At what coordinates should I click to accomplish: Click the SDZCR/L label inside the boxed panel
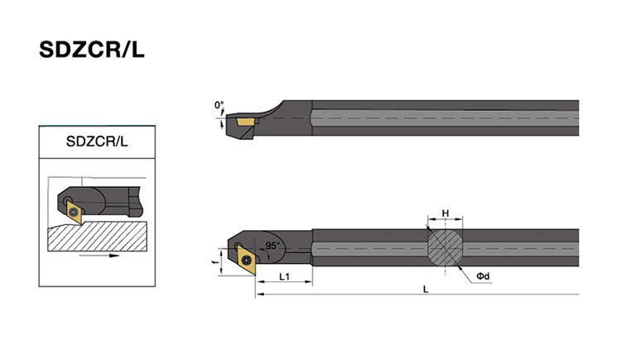97,141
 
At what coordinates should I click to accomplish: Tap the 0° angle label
219,105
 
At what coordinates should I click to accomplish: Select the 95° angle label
273,245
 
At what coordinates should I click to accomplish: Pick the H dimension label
445,214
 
